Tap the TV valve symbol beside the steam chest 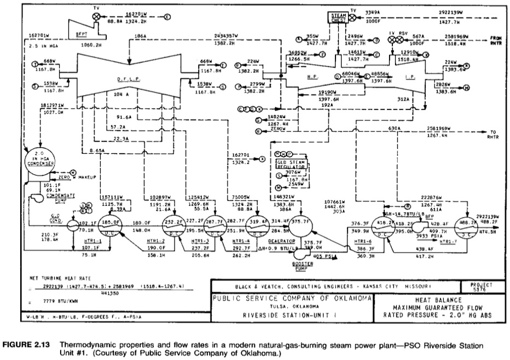click(353, 17)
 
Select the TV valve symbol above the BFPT click(97, 17)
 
